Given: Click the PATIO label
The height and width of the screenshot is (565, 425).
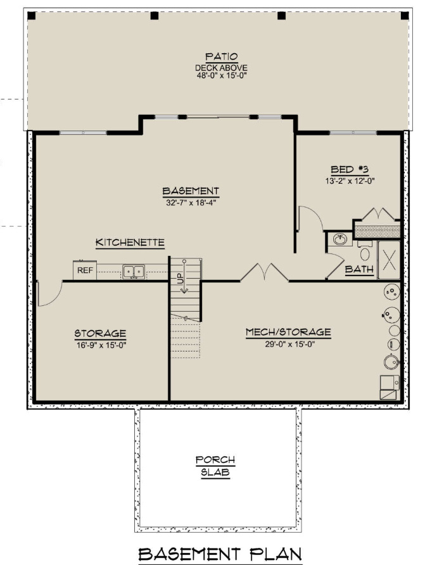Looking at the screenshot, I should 212,58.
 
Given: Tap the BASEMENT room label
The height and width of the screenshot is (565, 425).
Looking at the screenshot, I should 191,191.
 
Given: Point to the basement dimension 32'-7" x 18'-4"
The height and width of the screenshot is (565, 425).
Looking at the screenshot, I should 191,203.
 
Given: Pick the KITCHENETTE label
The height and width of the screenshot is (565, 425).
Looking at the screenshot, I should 130,243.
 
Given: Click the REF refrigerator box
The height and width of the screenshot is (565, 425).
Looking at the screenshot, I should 85,270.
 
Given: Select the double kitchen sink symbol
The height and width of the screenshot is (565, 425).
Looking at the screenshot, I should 133,271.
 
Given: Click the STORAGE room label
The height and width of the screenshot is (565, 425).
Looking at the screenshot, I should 100,333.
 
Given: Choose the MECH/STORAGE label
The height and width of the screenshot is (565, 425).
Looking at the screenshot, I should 288,332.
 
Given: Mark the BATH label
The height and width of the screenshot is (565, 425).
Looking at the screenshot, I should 358,270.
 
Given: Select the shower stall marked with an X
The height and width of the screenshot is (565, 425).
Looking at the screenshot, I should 389,260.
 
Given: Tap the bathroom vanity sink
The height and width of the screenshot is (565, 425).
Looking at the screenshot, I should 340,240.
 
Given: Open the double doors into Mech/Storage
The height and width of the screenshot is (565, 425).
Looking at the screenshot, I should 263,274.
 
